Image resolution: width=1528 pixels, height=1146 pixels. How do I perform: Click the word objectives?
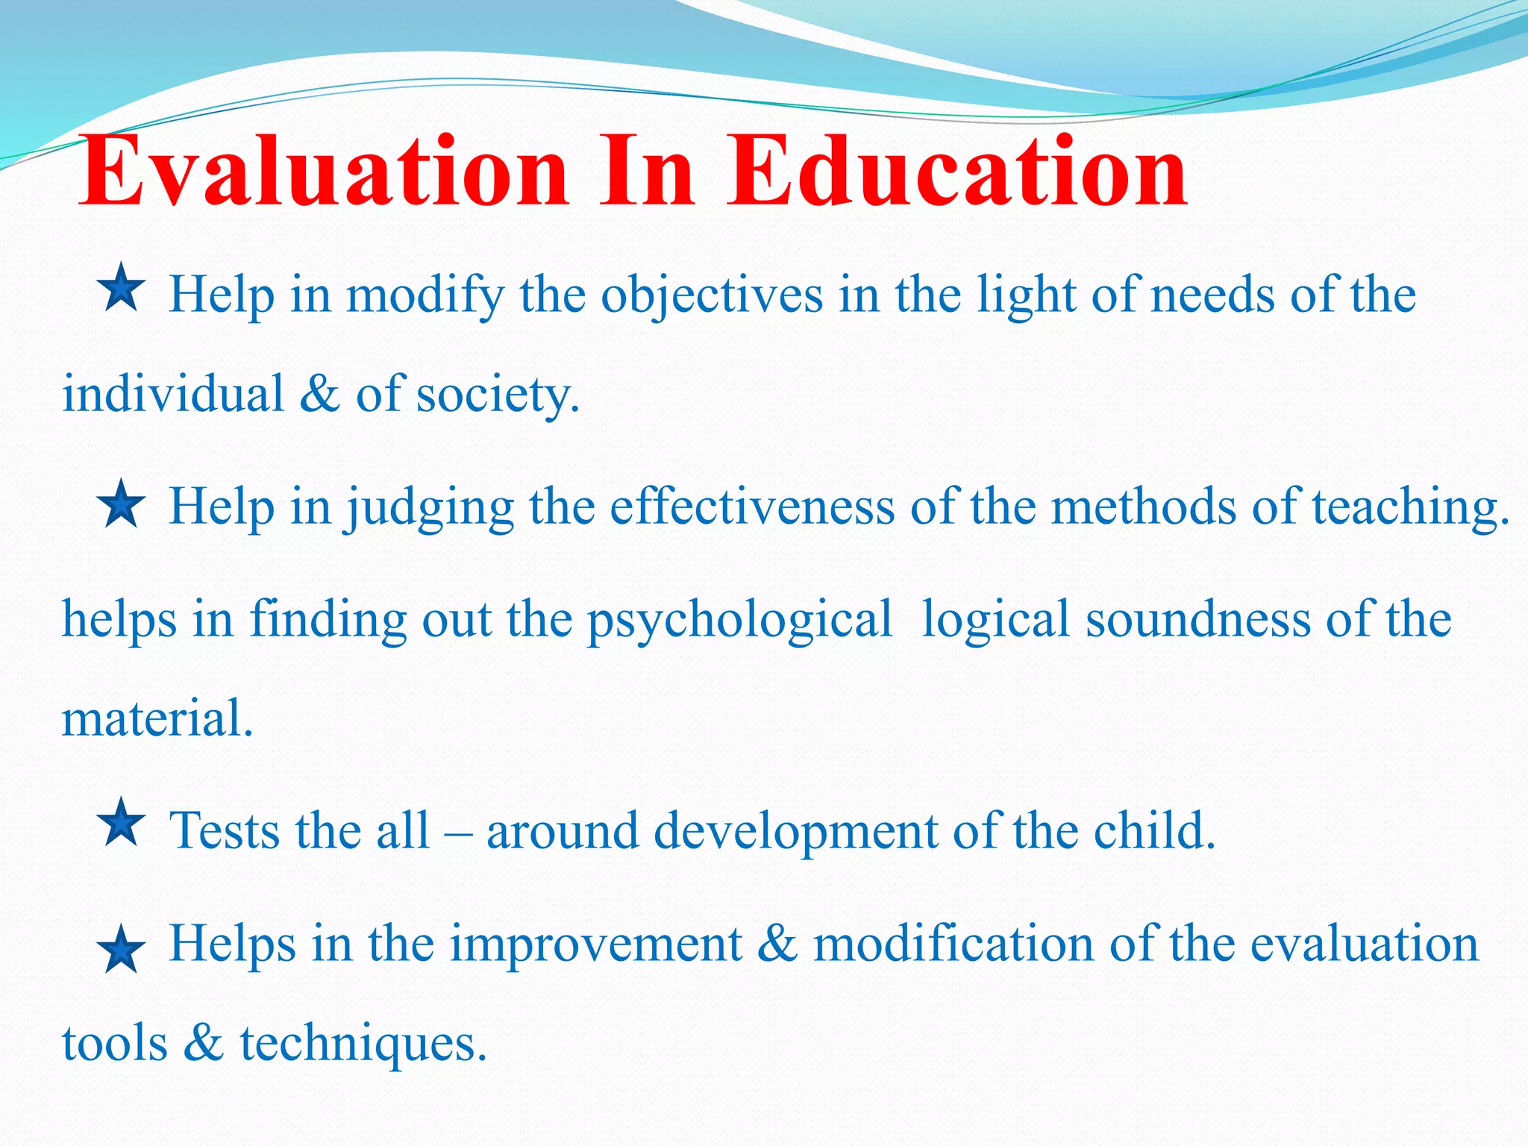pos(712,295)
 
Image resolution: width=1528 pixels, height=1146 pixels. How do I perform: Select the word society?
pos(496,395)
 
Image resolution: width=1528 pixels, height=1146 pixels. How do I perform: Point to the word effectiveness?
pos(752,507)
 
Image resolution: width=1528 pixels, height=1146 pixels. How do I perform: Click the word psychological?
pos(739,621)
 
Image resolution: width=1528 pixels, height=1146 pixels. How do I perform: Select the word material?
pos(157,719)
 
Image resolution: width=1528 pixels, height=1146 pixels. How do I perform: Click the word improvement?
pos(595,945)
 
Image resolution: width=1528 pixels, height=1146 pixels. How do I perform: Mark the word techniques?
pos(363,1045)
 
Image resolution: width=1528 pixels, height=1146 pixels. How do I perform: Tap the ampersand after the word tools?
pos(203,1043)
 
